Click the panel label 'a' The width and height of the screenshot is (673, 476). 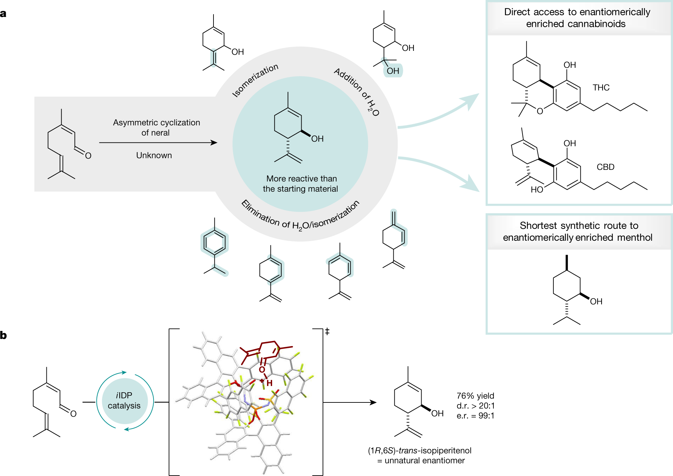(x=3, y=14)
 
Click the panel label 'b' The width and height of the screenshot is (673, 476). (x=3, y=335)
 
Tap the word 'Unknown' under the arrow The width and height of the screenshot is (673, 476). (x=154, y=155)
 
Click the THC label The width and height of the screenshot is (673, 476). (x=601, y=87)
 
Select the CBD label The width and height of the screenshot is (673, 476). (x=605, y=167)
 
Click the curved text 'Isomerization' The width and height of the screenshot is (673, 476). (x=255, y=80)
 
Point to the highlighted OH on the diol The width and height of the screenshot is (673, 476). (x=393, y=71)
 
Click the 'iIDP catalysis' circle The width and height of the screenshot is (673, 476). (x=124, y=401)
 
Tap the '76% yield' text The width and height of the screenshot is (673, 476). (x=475, y=396)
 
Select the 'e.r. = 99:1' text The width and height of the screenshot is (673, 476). (x=475, y=416)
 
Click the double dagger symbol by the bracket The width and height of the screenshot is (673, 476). (x=327, y=331)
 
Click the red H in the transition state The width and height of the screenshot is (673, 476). (x=269, y=383)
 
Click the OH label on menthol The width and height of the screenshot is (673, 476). (x=596, y=301)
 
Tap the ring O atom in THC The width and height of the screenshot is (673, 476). (x=540, y=111)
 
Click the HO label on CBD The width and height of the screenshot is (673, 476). (x=537, y=190)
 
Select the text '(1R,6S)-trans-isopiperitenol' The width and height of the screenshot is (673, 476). (x=420, y=451)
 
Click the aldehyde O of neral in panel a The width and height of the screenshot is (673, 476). (x=88, y=156)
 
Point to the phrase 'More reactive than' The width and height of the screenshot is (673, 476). (x=301, y=179)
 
